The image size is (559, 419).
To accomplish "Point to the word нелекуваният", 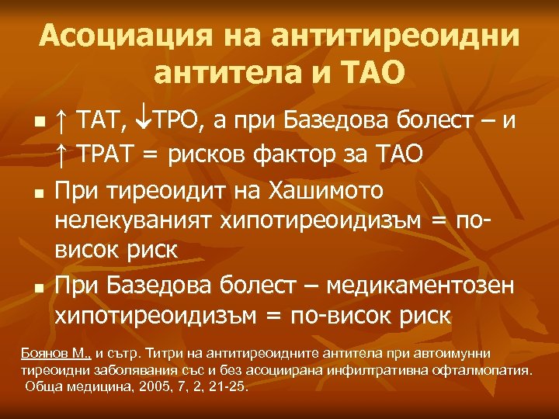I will click(x=133, y=221).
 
